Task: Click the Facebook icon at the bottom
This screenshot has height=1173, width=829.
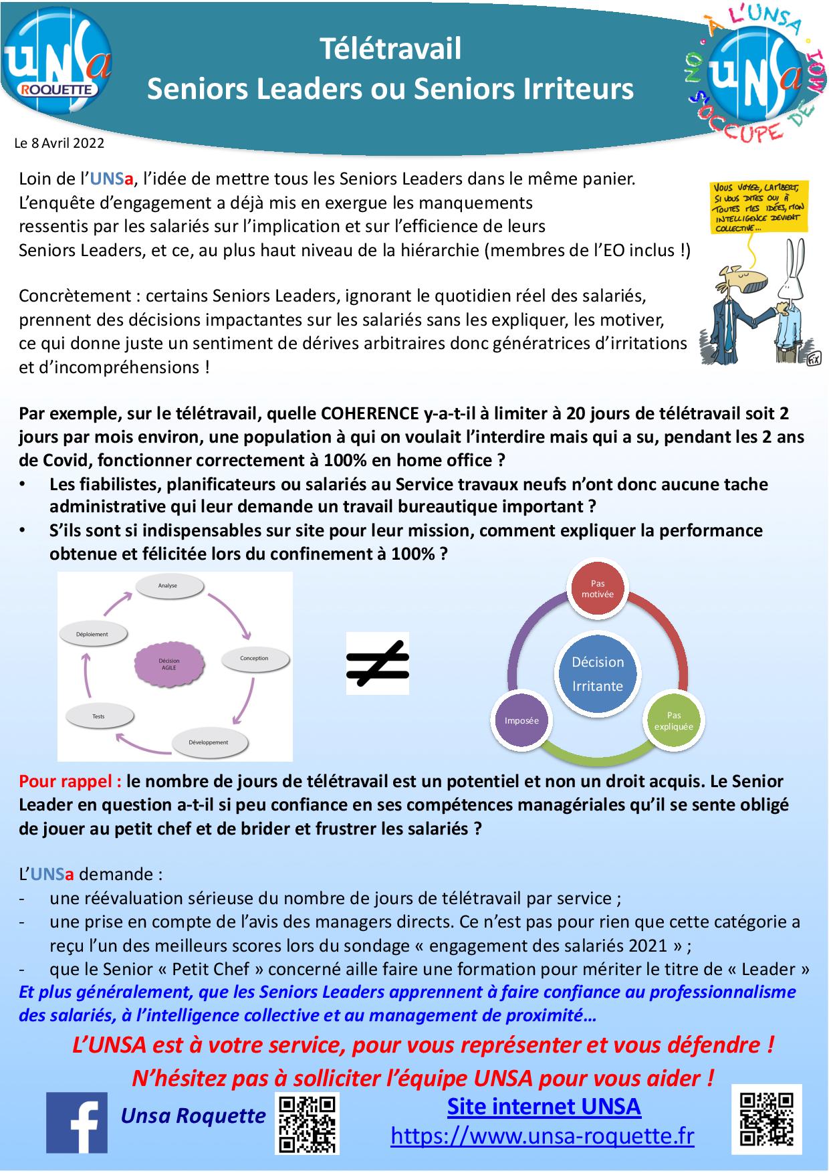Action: pyautogui.click(x=76, y=1123)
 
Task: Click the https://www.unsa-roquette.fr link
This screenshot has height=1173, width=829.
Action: pyautogui.click(x=542, y=1136)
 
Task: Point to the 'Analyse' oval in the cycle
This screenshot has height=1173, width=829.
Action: pyautogui.click(x=168, y=586)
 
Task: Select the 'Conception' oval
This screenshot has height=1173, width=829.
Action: pyautogui.click(x=254, y=659)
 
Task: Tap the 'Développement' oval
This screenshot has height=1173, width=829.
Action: pyautogui.click(x=209, y=743)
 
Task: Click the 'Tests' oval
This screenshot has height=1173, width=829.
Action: pyautogui.click(x=99, y=717)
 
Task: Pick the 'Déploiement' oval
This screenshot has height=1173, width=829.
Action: pyautogui.click(x=93, y=635)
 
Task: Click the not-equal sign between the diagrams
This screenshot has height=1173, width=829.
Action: pyautogui.click(x=377, y=663)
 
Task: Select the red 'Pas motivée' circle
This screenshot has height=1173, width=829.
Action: pyautogui.click(x=597, y=589)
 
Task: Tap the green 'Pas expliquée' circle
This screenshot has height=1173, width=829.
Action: pyautogui.click(x=673, y=721)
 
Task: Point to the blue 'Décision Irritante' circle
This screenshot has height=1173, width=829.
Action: pyautogui.click(x=597, y=673)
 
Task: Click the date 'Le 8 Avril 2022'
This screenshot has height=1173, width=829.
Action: pyautogui.click(x=60, y=142)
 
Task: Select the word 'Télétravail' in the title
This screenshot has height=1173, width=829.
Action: pyautogui.click(x=390, y=49)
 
